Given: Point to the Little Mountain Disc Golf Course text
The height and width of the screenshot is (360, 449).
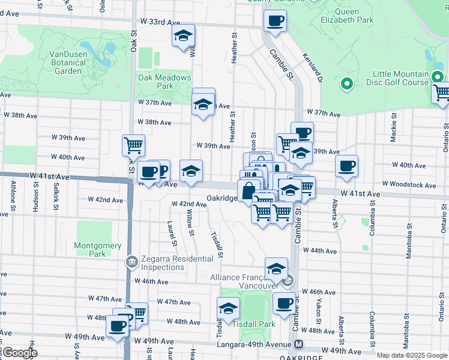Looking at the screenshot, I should pos(400,78).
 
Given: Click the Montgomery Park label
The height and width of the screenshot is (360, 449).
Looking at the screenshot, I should pos(97,250).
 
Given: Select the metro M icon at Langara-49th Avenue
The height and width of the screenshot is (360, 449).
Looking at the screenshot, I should pos(299,344).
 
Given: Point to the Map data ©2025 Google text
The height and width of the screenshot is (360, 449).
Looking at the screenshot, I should pos(412,355).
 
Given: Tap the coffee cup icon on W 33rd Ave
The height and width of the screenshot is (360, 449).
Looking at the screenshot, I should pos(276,20).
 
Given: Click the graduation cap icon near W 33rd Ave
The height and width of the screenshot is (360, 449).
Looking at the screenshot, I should pos(183,35).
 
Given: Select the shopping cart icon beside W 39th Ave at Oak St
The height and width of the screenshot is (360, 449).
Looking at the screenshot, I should pos(133,145).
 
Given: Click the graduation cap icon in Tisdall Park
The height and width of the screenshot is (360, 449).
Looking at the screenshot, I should pos(228,308).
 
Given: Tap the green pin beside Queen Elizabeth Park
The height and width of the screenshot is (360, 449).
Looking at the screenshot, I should pos(346,85).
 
